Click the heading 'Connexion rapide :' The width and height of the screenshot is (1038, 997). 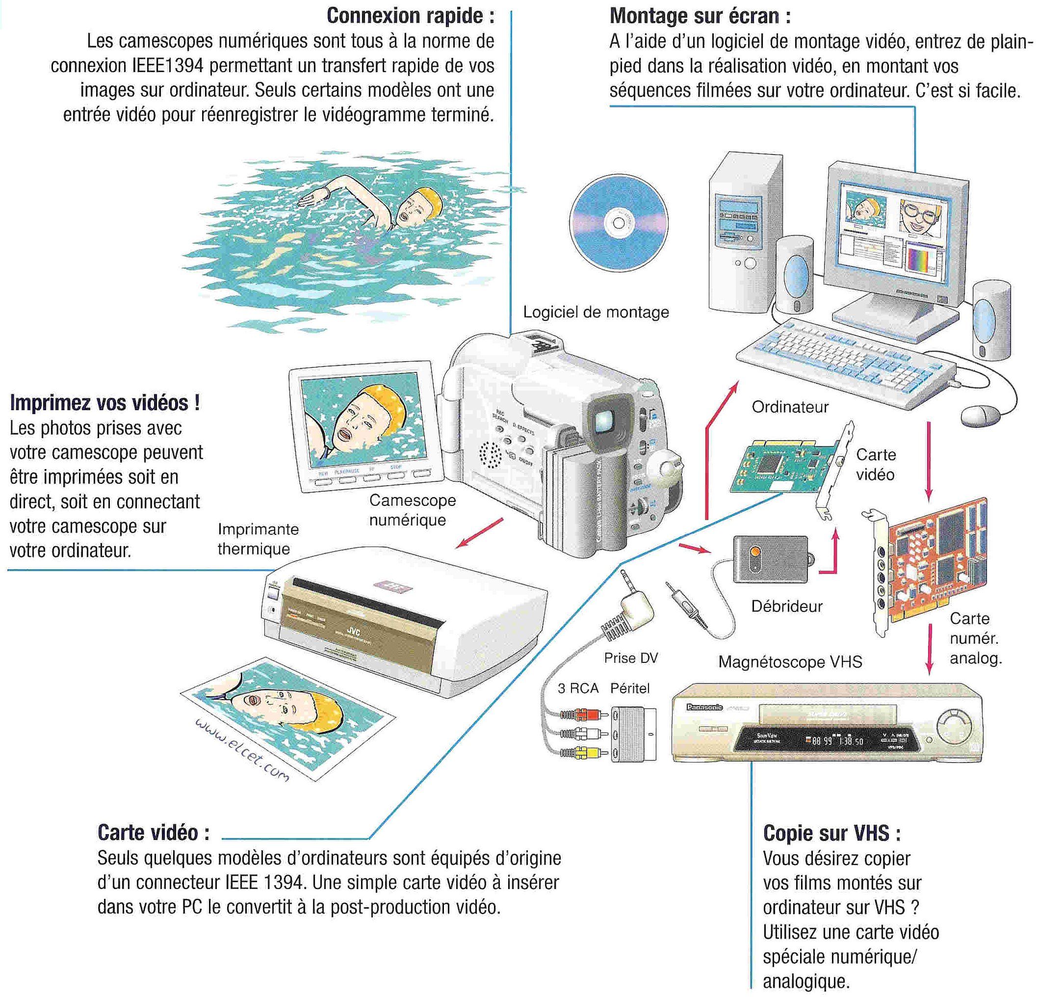point(411,16)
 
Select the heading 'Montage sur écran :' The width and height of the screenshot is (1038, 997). point(700,16)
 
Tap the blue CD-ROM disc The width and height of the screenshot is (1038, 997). point(618,222)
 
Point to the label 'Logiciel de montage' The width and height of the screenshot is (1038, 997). point(596,312)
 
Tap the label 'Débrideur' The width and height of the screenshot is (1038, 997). point(786,606)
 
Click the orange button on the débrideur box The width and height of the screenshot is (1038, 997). point(754,552)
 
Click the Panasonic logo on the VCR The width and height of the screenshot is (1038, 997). point(704,707)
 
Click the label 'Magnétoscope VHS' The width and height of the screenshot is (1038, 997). point(790,662)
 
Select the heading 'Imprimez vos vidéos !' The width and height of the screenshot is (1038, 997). point(105,403)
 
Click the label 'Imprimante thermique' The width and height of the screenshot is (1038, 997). point(258,539)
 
